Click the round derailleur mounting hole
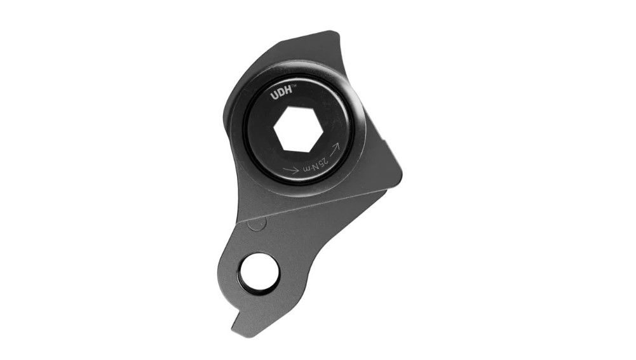coord(259,273)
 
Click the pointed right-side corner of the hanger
coord(400,171)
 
